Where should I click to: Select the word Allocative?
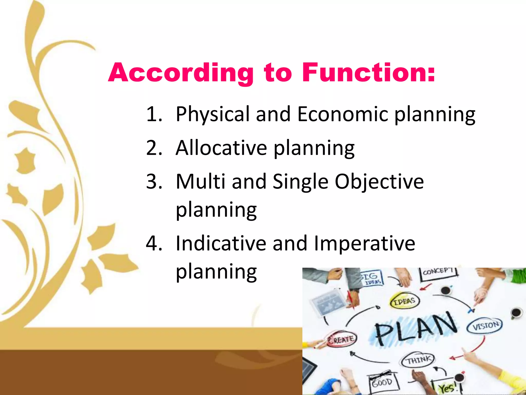(221, 148)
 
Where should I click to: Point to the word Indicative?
(221, 243)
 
